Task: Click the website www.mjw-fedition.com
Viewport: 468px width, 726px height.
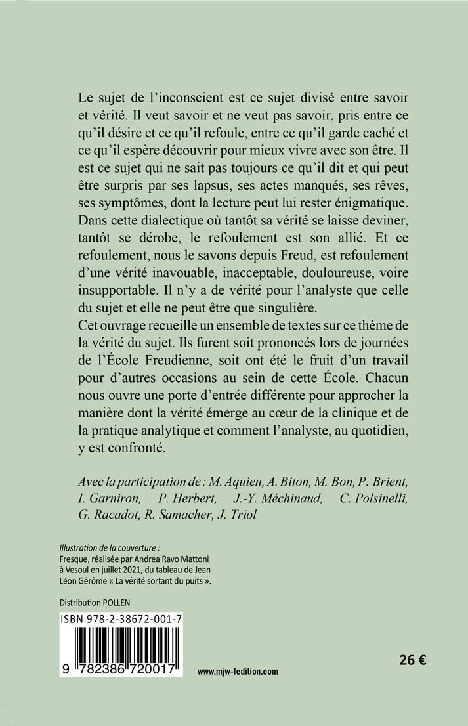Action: pyautogui.click(x=238, y=671)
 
